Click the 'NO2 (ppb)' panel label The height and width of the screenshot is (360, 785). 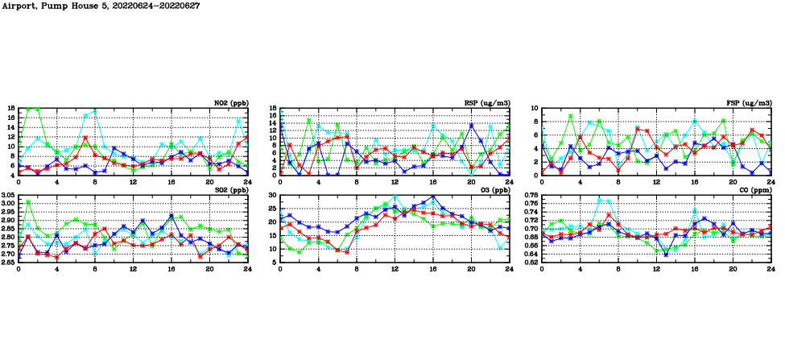click(x=230, y=102)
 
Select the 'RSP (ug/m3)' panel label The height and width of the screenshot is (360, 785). click(x=488, y=102)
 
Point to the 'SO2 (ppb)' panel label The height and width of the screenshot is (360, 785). click(x=230, y=190)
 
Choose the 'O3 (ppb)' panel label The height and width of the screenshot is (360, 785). click(x=494, y=190)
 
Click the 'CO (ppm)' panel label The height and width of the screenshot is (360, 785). click(x=754, y=190)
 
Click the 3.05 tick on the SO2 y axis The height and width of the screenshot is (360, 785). click(x=8, y=196)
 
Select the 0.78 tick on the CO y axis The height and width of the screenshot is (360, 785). click(x=531, y=196)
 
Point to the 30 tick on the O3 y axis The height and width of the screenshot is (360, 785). click(x=271, y=196)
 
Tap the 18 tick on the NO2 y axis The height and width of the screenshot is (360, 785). click(x=11, y=108)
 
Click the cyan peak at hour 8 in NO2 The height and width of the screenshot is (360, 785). click(x=95, y=110)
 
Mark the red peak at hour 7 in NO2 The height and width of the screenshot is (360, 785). click(x=85, y=138)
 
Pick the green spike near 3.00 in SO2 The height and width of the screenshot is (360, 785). click(x=28, y=202)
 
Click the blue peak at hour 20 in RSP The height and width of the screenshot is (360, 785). click(x=471, y=126)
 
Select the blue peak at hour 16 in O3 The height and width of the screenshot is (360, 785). click(x=433, y=197)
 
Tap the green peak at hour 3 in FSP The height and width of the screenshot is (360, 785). click(x=571, y=116)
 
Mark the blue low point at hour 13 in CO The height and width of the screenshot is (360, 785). click(x=666, y=254)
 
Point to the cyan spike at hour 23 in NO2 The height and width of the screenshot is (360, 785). click(x=238, y=121)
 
